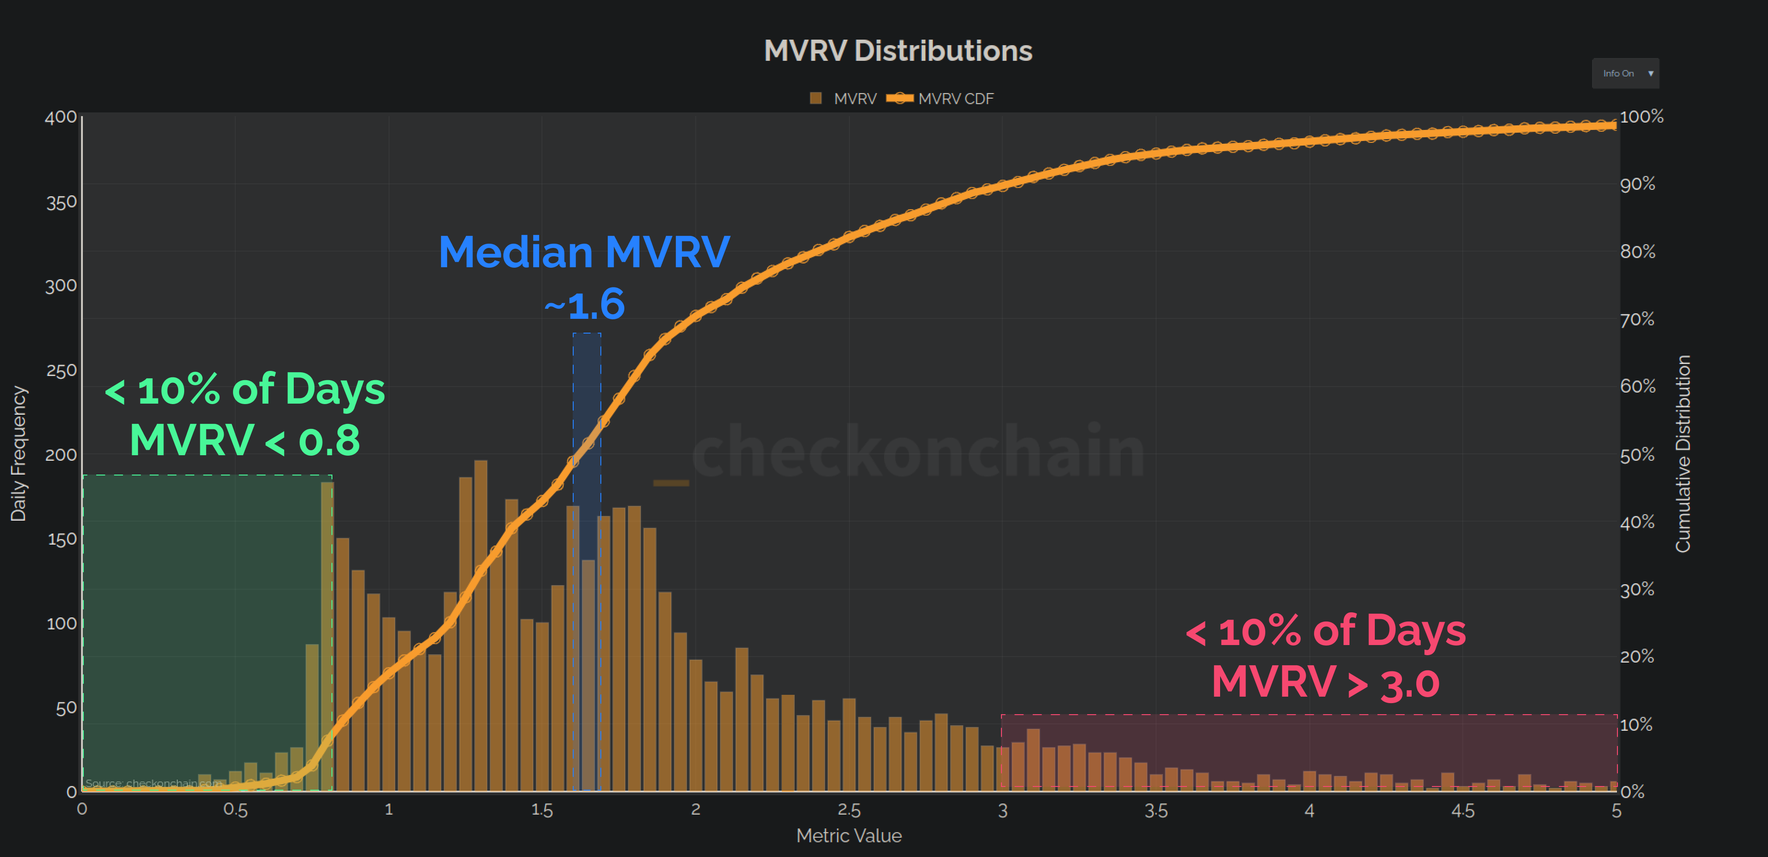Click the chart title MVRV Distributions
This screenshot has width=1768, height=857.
[898, 51]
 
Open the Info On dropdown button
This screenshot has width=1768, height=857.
[1624, 73]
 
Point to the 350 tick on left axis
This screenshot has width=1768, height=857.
[61, 203]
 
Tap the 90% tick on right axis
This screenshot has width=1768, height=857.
[1638, 184]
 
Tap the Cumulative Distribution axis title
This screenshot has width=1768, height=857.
[1682, 453]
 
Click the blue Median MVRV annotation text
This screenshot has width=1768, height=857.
[584, 252]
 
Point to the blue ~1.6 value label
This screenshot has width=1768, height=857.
[584, 305]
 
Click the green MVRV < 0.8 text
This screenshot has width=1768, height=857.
[245, 440]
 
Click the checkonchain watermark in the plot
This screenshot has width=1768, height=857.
[919, 451]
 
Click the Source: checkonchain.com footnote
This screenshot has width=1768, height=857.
[152, 783]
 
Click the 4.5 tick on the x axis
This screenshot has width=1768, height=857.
[1463, 810]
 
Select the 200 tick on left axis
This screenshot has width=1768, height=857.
[61, 455]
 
